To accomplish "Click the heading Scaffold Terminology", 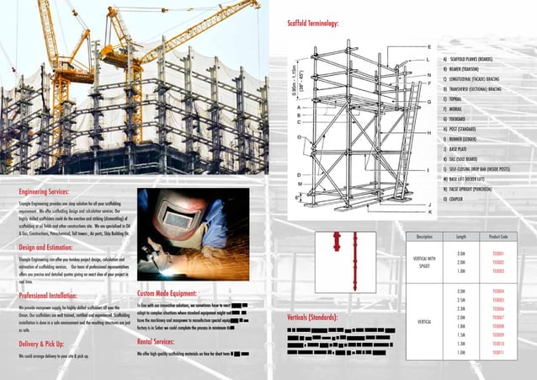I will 314,23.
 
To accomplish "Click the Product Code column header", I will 497,237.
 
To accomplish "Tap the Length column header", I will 460,237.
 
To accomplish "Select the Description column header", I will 423,237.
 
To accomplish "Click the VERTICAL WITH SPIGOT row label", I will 423,262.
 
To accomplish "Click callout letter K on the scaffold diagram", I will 430,211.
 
